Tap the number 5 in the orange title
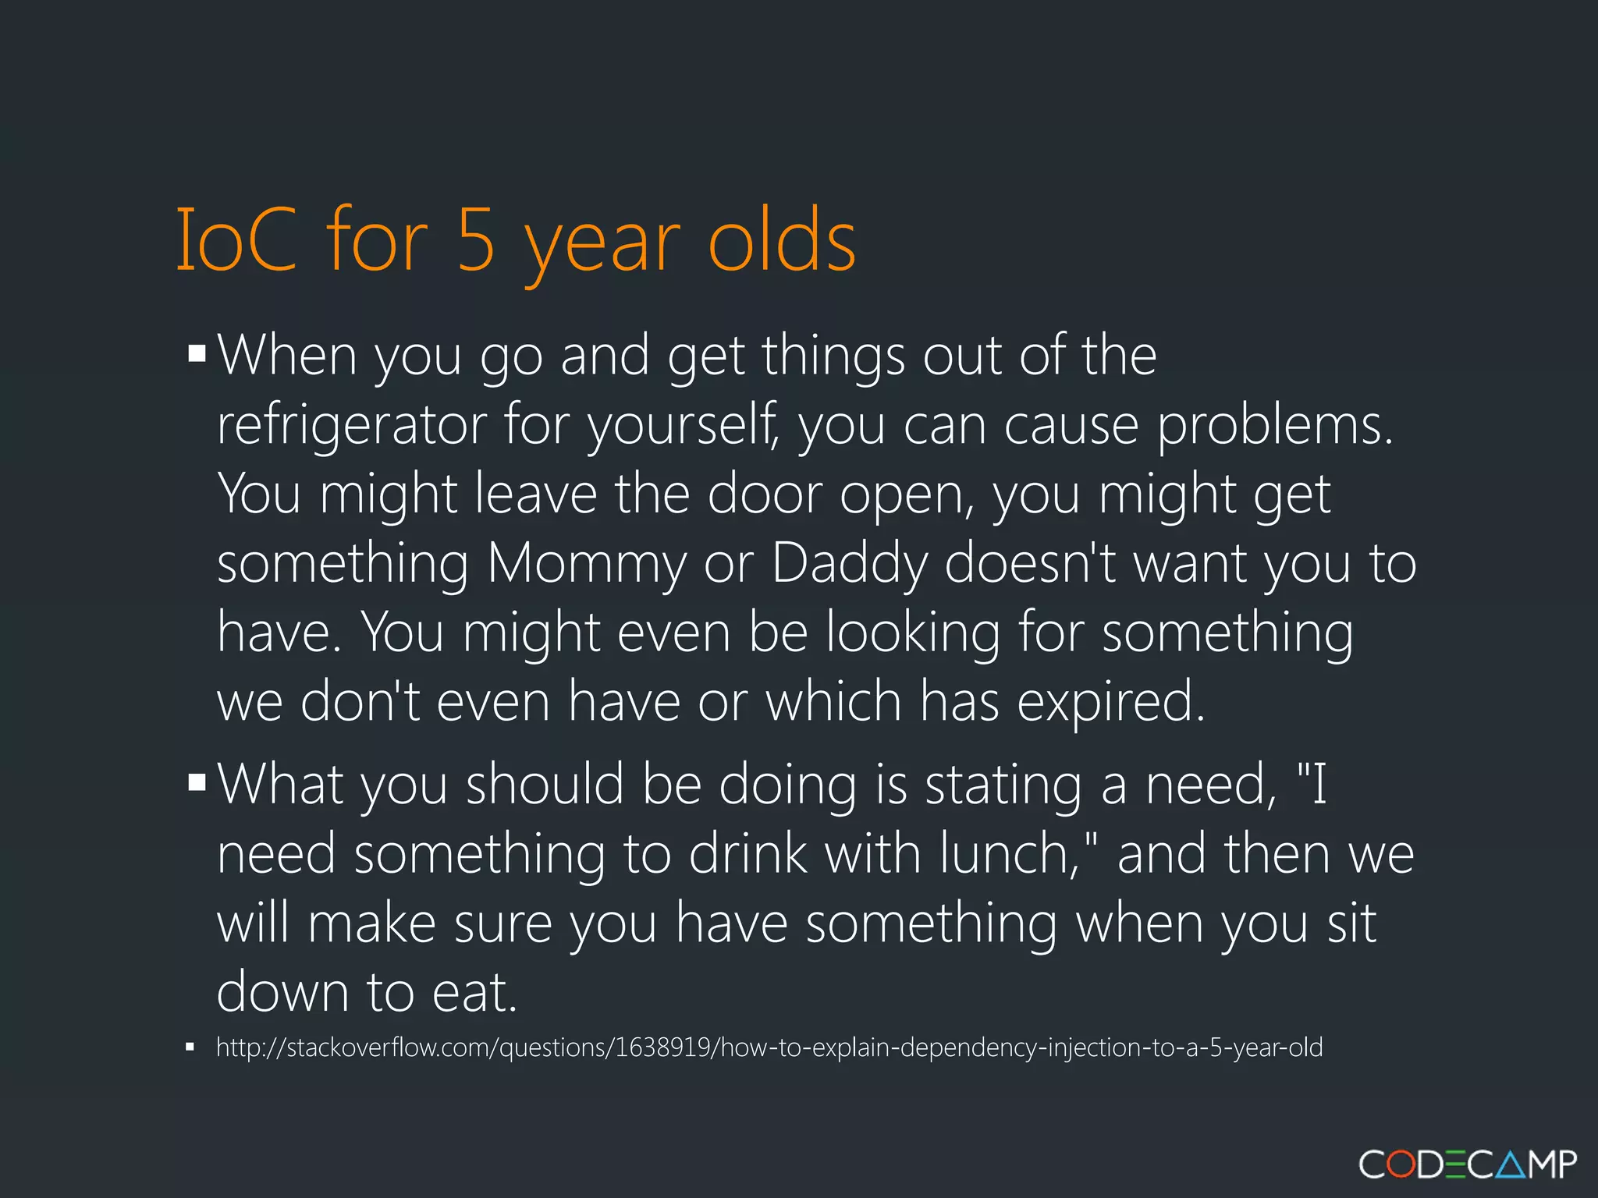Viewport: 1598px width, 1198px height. (476, 240)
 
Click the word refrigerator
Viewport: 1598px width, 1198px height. (351, 426)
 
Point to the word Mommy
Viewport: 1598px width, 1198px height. (587, 564)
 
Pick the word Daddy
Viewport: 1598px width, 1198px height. (850, 564)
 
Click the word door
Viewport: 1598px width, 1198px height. (764, 494)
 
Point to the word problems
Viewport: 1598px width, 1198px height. (1274, 426)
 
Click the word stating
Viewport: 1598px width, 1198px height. (1003, 785)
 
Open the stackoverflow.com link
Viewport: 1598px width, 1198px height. (769, 1047)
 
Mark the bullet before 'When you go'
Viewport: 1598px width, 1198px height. (197, 353)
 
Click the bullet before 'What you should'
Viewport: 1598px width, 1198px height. (197, 782)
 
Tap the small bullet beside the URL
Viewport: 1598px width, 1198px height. (190, 1047)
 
